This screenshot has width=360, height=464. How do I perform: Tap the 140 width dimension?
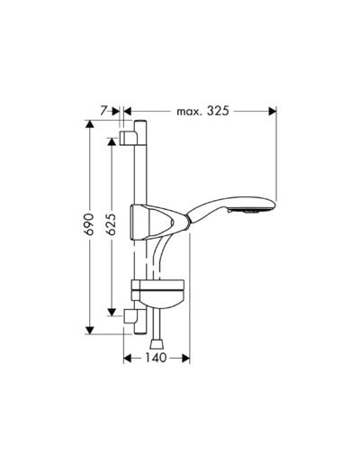[155, 358]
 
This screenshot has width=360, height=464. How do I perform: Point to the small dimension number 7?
[104, 111]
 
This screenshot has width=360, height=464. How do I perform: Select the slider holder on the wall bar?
[148, 221]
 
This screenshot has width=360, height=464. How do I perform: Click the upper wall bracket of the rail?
[129, 136]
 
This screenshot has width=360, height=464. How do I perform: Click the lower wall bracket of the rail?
[131, 318]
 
